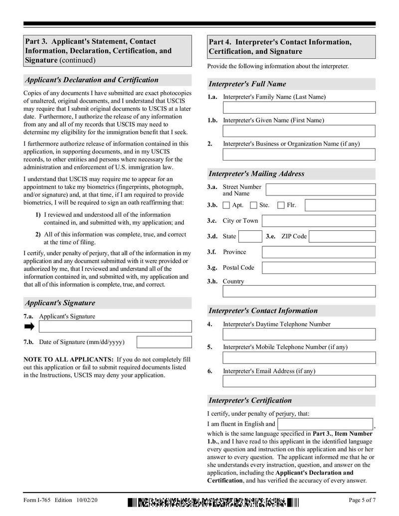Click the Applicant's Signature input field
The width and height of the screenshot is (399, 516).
115,327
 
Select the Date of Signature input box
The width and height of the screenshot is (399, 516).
164,342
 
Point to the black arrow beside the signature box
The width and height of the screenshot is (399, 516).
29,327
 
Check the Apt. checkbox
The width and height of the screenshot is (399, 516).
226,205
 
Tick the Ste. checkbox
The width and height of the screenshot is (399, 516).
253,205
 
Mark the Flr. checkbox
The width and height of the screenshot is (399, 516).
281,205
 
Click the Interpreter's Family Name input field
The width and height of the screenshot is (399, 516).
299,108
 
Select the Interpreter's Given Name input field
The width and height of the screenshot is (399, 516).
299,131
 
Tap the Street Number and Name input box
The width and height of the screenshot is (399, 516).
320,189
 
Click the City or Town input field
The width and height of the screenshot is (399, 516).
319,221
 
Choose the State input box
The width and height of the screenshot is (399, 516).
250,236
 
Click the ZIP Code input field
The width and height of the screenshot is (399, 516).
342,236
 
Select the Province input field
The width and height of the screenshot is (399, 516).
319,252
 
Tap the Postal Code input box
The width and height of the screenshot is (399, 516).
319,268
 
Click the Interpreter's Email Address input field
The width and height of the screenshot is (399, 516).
299,381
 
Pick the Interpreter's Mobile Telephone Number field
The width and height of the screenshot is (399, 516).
299,358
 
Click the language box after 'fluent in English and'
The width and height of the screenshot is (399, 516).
325,424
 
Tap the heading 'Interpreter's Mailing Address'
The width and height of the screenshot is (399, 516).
256,174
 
